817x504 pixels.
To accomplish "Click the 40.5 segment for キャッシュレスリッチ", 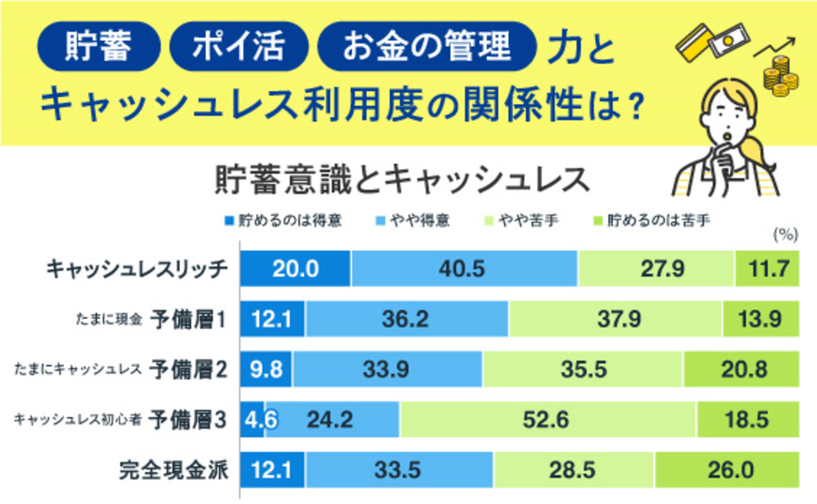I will coord(464,269).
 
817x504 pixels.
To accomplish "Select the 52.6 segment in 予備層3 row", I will coord(547,419).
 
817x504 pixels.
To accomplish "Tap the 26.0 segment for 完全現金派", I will coord(727,470).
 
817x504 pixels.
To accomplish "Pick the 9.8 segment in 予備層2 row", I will coord(266,369).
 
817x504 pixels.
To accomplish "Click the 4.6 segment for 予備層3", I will coord(252,419).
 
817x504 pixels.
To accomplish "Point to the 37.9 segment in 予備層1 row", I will coord(615,319).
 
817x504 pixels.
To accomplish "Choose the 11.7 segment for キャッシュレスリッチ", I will coord(767,269).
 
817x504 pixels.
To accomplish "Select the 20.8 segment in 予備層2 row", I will coord(741,369).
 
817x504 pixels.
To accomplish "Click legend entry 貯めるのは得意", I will coord(283,221).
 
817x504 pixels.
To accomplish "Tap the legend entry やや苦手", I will coord(522,221).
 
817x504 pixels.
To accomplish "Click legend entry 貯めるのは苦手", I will coord(652,221).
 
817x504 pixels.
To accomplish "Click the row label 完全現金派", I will coord(173,470).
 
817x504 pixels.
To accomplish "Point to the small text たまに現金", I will coord(109,319).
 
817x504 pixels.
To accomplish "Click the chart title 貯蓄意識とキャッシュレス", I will coord(402,180).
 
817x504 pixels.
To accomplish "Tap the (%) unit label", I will coord(785,235).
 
